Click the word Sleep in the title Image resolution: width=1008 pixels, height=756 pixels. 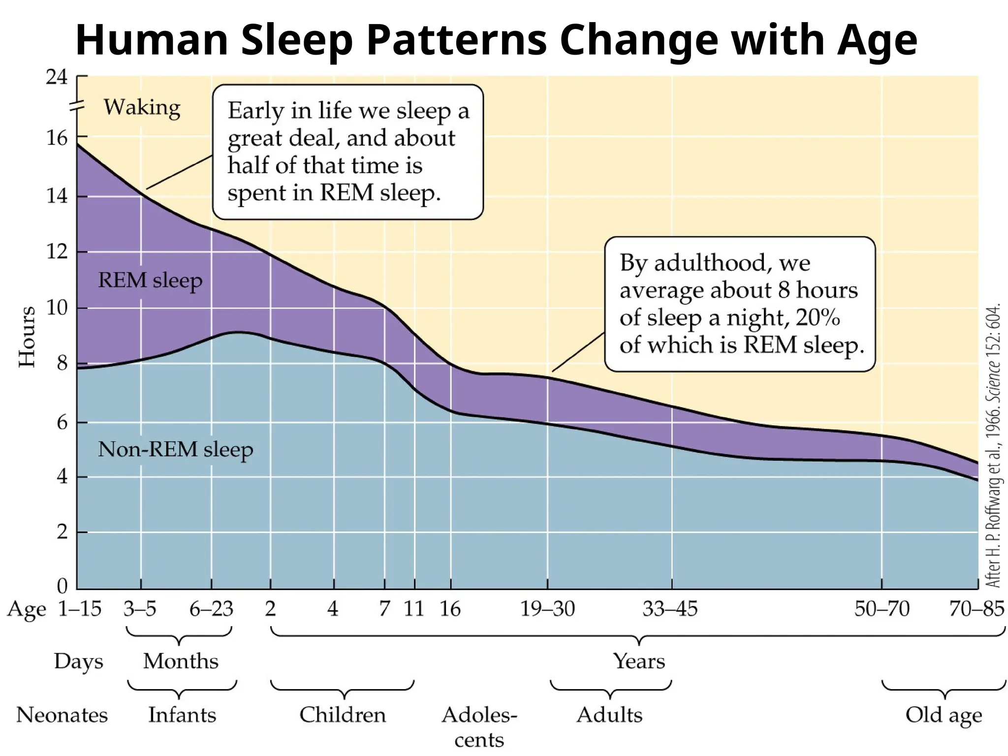[x=296, y=40]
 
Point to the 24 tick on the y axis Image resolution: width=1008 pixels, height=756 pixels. [x=57, y=77]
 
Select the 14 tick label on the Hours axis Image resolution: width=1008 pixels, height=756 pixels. [x=57, y=196]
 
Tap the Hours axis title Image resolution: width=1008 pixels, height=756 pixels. [x=27, y=337]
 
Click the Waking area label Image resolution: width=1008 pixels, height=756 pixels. [x=142, y=107]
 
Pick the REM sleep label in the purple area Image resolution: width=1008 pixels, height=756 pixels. [x=150, y=281]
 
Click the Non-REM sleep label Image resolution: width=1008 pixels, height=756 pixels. [x=175, y=449]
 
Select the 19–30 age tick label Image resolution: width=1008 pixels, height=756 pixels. [x=547, y=609]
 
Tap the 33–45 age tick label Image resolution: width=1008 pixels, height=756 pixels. [x=670, y=609]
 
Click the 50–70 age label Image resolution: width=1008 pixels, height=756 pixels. [x=882, y=609]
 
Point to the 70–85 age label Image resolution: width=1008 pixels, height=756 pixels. [x=976, y=609]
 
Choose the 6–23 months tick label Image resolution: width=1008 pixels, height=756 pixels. [x=211, y=609]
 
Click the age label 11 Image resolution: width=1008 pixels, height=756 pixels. [x=414, y=609]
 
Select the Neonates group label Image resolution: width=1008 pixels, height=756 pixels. [x=62, y=715]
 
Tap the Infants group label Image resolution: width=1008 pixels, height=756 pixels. [x=182, y=715]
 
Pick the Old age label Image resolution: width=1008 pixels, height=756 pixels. [x=944, y=715]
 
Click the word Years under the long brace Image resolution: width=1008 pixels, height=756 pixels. [x=639, y=661]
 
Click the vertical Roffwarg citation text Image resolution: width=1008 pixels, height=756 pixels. [x=993, y=445]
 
